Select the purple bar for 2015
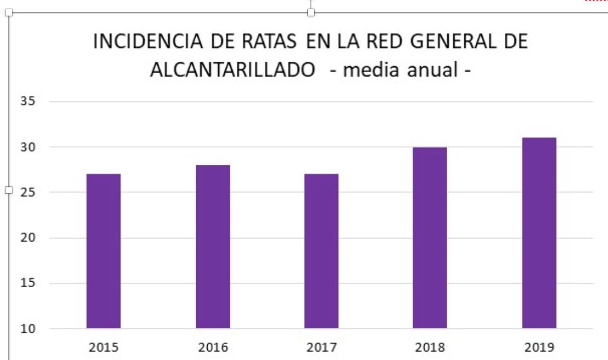pyautogui.click(x=104, y=251)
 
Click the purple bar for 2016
pyautogui.click(x=213, y=247)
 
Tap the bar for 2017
pyautogui.click(x=322, y=251)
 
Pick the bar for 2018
pyautogui.click(x=430, y=238)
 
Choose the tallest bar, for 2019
pyautogui.click(x=539, y=233)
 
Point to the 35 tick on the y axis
pyautogui.click(x=28, y=101)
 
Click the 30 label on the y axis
pyautogui.click(x=28, y=147)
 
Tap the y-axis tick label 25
pyautogui.click(x=28, y=192)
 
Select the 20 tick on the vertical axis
pyautogui.click(x=28, y=238)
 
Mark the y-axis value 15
pyautogui.click(x=28, y=283)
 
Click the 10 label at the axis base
pyautogui.click(x=28, y=329)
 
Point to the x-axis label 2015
pyautogui.click(x=104, y=348)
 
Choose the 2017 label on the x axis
pyautogui.click(x=322, y=348)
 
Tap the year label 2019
pyautogui.click(x=539, y=348)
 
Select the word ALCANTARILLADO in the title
pyautogui.click(x=233, y=70)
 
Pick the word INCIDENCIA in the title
pyautogui.click(x=148, y=41)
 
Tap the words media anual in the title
pyautogui.click(x=401, y=70)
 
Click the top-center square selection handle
pyautogui.click(x=311, y=12)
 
